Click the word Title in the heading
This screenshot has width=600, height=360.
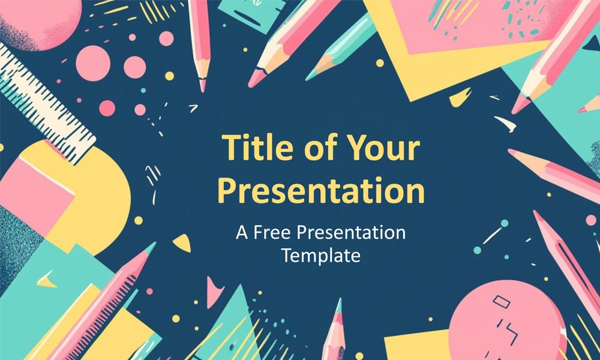pyautogui.click(x=255, y=147)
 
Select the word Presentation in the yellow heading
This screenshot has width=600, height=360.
pyautogui.click(x=320, y=190)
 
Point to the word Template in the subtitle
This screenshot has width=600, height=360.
pyautogui.click(x=320, y=256)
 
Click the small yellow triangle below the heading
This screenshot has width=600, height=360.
pyautogui.click(x=182, y=242)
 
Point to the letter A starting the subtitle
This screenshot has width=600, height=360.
pyautogui.click(x=241, y=233)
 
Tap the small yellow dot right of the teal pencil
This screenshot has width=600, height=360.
pyautogui.click(x=380, y=62)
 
